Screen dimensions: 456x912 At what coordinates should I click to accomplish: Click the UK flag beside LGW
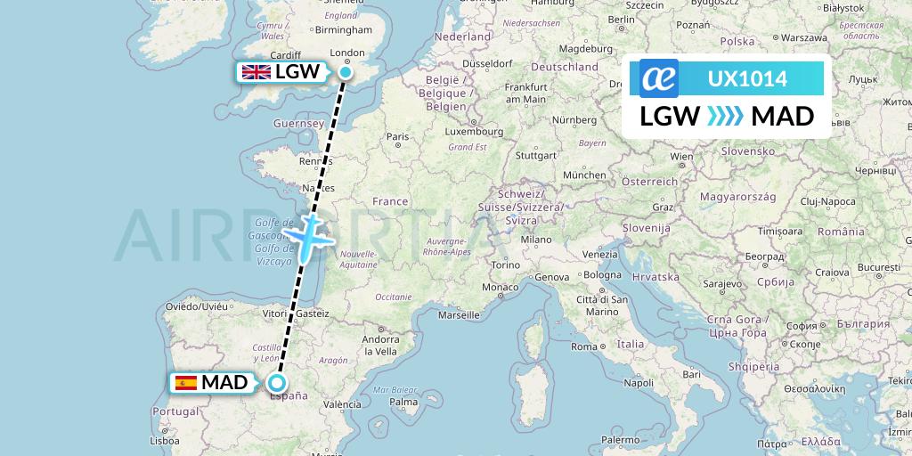(x=256, y=72)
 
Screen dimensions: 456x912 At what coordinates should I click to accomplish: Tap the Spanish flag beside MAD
(x=186, y=383)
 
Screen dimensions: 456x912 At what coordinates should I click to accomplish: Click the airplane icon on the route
(x=308, y=236)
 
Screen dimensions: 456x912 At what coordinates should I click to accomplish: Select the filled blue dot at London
(x=346, y=72)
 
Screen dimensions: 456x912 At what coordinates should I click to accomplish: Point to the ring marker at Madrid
(x=278, y=383)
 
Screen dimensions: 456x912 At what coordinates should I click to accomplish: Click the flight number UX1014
(x=747, y=79)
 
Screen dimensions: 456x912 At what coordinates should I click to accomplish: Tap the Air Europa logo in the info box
(x=659, y=79)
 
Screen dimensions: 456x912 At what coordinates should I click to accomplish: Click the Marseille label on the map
(x=460, y=315)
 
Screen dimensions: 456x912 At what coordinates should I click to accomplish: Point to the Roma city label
(x=584, y=346)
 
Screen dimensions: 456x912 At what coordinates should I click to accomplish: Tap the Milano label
(x=537, y=240)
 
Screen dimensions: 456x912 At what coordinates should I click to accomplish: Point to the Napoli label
(x=639, y=383)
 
